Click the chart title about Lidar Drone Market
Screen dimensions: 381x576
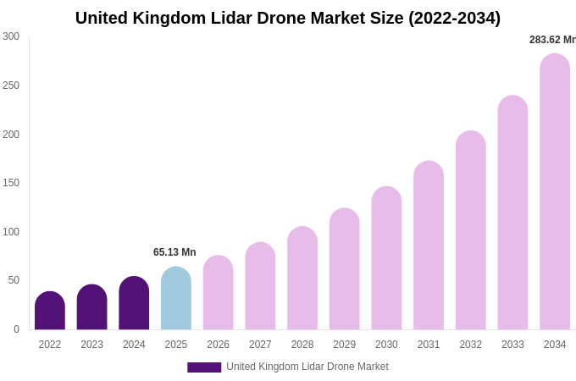288,18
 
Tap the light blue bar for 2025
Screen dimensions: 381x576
176,299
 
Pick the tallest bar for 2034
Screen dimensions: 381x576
555,192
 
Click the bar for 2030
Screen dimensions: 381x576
386,258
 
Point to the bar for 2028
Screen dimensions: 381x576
302,279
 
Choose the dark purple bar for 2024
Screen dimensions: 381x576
134,303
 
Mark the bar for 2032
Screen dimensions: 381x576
471,230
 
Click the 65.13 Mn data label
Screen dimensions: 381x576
174,252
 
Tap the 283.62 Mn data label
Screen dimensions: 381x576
552,40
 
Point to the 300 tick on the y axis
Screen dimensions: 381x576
11,36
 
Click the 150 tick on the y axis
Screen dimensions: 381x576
11,183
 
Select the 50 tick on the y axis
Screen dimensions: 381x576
14,280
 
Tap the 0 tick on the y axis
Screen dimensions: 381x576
16,329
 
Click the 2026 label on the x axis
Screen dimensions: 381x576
219,345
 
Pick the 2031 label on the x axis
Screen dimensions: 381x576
429,345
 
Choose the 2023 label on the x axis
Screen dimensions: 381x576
92,345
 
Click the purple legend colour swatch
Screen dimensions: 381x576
204,367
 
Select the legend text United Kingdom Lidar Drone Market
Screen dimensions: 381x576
307,367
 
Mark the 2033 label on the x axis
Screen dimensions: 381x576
512,345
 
